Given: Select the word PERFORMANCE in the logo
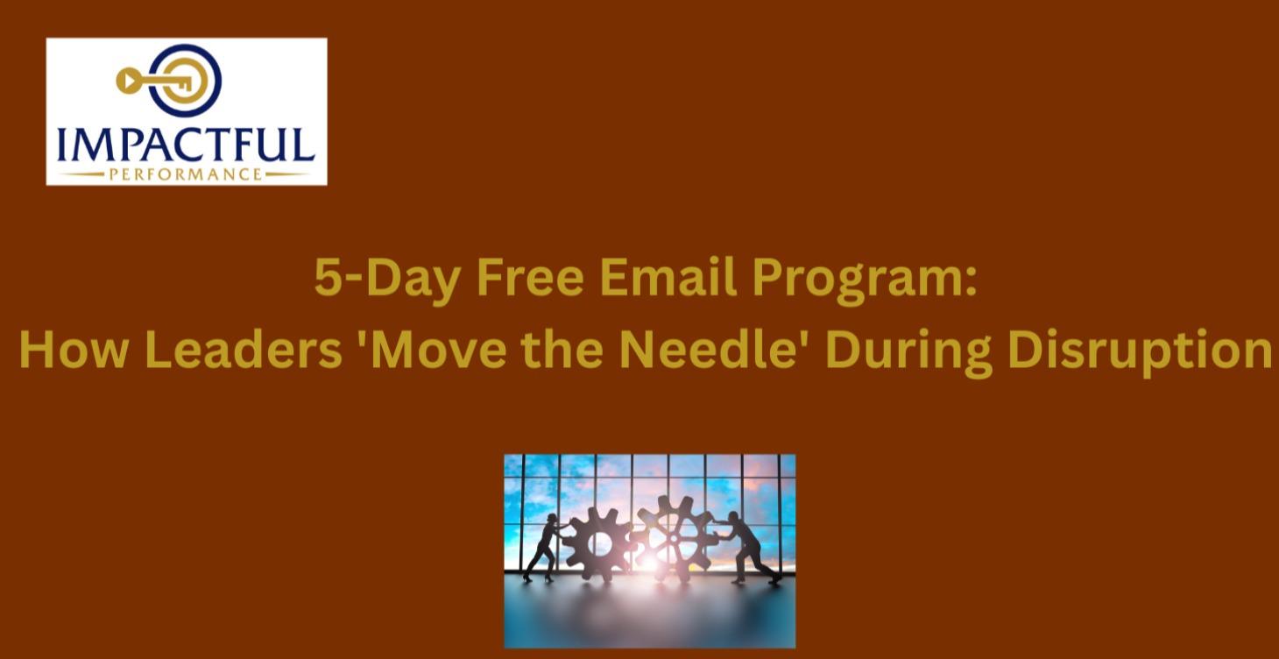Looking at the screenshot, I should [186, 174].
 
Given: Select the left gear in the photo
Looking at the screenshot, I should [598, 542].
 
